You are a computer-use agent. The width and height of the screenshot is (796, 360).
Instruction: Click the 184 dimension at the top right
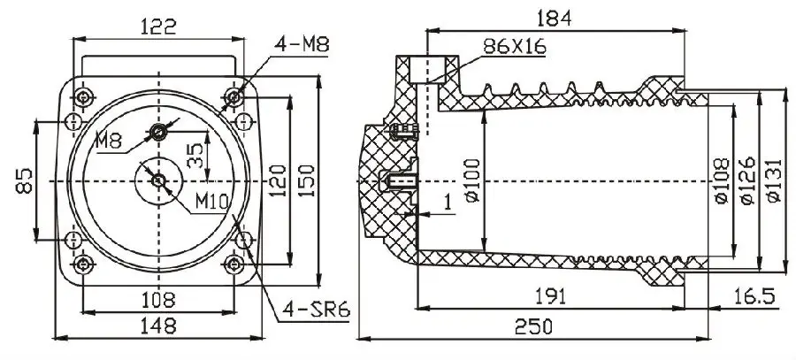555,17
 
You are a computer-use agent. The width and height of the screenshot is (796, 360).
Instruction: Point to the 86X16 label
511,48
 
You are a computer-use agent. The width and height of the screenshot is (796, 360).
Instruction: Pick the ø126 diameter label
746,182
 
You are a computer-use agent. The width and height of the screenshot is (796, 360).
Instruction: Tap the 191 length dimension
555,295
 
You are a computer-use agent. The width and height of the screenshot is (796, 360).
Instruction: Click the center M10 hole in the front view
158,180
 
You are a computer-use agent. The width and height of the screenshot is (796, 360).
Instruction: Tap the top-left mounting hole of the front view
84,95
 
